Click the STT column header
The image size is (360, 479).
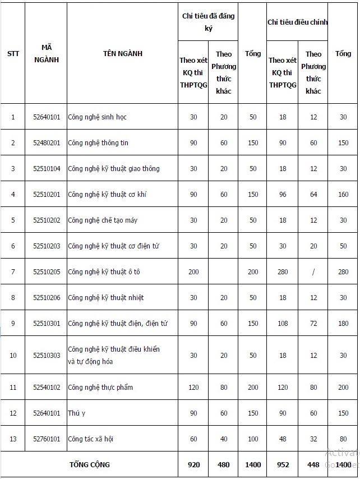tap(13, 54)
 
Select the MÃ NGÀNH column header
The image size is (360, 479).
tap(46, 54)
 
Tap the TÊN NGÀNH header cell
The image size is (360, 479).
tap(122, 54)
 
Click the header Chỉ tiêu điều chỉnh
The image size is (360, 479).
tap(297, 22)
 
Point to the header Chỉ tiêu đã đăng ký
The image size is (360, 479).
tap(208, 22)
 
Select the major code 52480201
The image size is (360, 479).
tap(46, 143)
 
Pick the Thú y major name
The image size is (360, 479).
tap(76, 413)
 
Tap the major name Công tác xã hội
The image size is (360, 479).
tap(94, 439)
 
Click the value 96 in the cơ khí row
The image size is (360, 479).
tap(283, 195)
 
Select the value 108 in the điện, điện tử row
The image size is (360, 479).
tap(283, 324)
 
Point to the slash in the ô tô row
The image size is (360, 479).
tap(313, 272)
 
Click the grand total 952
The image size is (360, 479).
tap(283, 465)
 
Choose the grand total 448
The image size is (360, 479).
tap(313, 465)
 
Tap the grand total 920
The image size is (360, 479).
tap(193, 465)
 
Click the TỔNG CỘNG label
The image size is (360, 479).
tap(90, 465)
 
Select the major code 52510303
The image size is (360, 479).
tap(46, 356)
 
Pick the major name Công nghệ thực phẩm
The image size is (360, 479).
tap(100, 388)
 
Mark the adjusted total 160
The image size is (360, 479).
tap(343, 195)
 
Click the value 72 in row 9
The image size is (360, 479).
tap(313, 324)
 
